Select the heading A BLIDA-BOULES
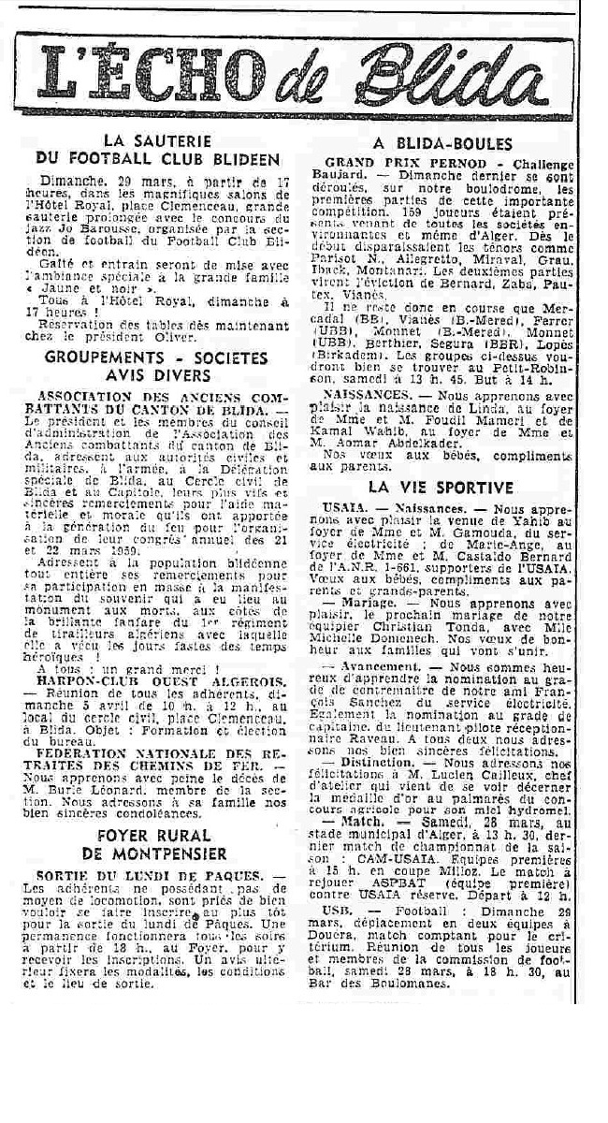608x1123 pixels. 442,144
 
